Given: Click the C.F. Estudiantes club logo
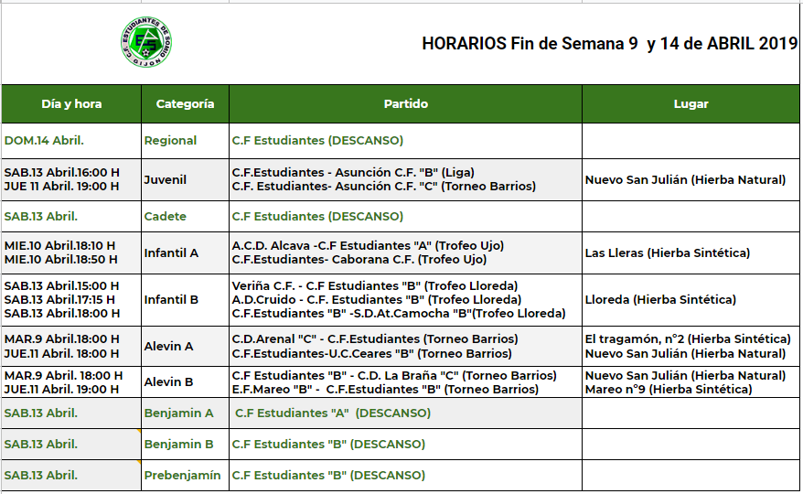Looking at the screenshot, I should [x=146, y=42].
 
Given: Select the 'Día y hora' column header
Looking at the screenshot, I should [x=71, y=104].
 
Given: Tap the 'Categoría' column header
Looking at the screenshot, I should [x=185, y=104].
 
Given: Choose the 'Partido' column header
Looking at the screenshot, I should [x=405, y=104].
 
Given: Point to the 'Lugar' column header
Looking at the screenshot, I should [x=691, y=104].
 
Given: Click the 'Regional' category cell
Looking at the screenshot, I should [x=170, y=141].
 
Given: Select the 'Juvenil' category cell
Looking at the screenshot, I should [x=165, y=180].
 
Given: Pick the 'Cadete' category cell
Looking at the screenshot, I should [x=165, y=217].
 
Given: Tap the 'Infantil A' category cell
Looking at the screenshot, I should [x=171, y=253].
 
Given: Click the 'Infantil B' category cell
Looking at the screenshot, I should [x=171, y=299].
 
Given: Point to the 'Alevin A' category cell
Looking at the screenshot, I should [x=168, y=347].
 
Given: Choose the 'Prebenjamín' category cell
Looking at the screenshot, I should [x=182, y=476].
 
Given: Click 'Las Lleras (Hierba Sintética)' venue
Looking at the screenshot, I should [x=668, y=253].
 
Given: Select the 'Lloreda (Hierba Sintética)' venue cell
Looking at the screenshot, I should [x=660, y=299].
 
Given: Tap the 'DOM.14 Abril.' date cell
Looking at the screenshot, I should [x=44, y=141].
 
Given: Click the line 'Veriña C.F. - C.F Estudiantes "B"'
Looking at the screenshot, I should [x=375, y=286].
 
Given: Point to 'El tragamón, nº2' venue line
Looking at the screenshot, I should [x=688, y=339].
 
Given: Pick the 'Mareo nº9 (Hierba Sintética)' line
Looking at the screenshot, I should [x=669, y=390].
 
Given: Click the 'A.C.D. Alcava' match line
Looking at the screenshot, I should [x=368, y=246].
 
